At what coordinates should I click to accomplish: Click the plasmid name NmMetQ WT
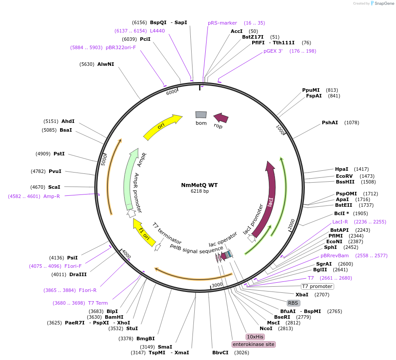point(199,185)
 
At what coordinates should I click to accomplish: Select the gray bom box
point(201,115)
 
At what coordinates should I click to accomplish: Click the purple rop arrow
point(221,118)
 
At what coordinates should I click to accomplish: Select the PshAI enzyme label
point(330,122)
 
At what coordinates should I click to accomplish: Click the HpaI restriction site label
point(342,169)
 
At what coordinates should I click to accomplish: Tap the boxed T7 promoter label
point(317,286)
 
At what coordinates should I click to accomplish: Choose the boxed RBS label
point(293,303)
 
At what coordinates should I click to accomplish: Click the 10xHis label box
point(255,337)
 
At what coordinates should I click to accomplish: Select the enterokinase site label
point(253,344)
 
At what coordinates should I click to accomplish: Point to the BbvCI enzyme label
point(220,353)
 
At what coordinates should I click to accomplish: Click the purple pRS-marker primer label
point(222,23)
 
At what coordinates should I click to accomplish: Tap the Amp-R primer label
point(51,196)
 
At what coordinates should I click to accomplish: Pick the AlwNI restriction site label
point(106,64)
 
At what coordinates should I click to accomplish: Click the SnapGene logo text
point(383,4)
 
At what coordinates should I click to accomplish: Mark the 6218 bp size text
point(200,191)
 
